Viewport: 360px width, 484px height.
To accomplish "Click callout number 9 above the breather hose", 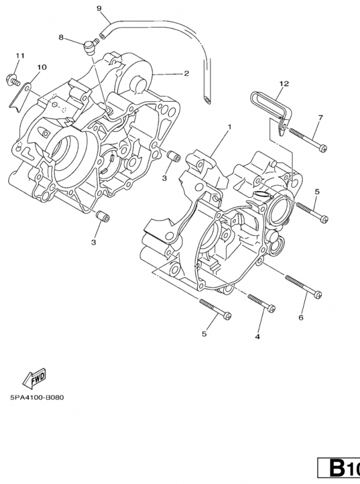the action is tap(99, 8).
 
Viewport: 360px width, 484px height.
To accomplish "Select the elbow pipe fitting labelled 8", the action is tap(89, 48).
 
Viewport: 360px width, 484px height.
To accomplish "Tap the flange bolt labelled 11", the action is tap(13, 79).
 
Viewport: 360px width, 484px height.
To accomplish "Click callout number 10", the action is tap(42, 67).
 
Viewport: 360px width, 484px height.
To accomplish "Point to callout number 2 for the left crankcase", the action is tap(186, 73).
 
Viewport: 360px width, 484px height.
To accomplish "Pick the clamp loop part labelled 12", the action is tap(271, 109).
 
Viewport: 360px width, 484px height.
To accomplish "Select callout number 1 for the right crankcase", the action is tap(229, 127).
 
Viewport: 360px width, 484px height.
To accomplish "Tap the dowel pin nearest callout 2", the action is tap(174, 156).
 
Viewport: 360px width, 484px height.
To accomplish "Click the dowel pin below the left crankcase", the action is tap(102, 215).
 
